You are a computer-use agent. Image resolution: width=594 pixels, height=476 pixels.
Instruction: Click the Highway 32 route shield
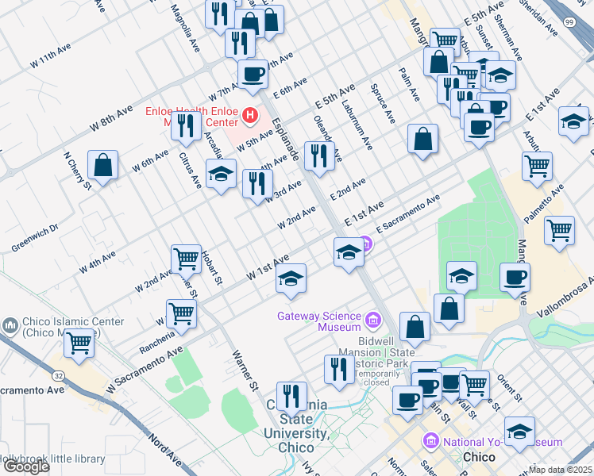[60, 374]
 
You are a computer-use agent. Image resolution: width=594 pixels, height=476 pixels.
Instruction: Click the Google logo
[26, 467]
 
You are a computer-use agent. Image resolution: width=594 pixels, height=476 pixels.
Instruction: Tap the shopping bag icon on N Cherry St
[102, 166]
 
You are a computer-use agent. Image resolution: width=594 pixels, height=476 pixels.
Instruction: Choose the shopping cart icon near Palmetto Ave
[560, 230]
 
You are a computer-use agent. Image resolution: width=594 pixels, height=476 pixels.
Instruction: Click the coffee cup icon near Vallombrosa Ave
[515, 278]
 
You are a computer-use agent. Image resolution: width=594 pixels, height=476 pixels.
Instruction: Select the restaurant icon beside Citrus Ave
[186, 125]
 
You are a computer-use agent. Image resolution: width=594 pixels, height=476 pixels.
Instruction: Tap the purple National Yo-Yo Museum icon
[431, 440]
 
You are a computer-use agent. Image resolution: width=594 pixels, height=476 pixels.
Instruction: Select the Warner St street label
[245, 370]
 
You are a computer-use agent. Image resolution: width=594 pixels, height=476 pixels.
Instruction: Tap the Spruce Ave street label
[382, 104]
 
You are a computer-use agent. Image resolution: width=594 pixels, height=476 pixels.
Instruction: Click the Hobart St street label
[210, 269]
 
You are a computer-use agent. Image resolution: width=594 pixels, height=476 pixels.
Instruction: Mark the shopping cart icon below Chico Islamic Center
[79, 344]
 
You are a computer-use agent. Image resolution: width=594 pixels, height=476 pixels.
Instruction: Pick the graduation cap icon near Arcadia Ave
[222, 173]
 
